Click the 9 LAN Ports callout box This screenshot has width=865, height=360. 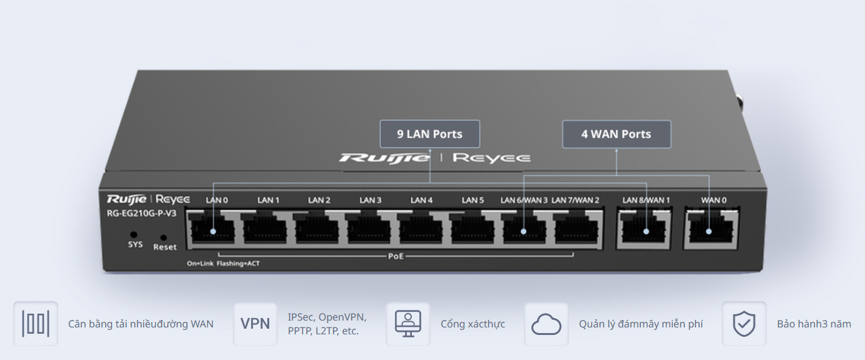[x=429, y=134]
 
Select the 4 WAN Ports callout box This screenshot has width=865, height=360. [x=616, y=134]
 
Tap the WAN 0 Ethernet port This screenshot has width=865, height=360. [x=709, y=229]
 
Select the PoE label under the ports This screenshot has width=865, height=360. [x=396, y=256]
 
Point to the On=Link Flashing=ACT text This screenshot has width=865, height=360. [x=223, y=264]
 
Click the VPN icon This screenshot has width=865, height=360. [x=255, y=324]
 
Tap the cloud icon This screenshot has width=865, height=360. [x=546, y=324]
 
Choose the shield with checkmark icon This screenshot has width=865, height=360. [x=744, y=324]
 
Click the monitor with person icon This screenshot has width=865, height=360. [x=408, y=324]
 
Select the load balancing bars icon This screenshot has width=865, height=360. [x=36, y=324]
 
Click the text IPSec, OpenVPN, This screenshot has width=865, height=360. [x=327, y=317]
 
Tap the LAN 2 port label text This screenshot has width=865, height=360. [x=319, y=200]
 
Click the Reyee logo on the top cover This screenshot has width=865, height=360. [x=491, y=158]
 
